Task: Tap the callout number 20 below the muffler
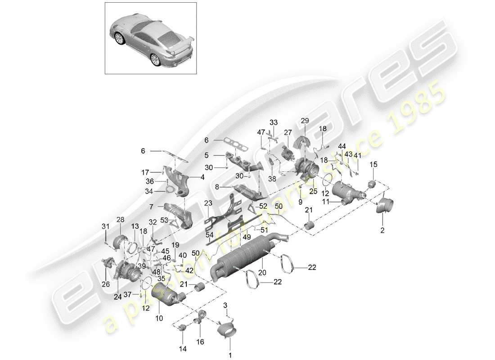(261, 273)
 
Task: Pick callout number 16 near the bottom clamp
(201, 342)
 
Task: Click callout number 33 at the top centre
(273, 122)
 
